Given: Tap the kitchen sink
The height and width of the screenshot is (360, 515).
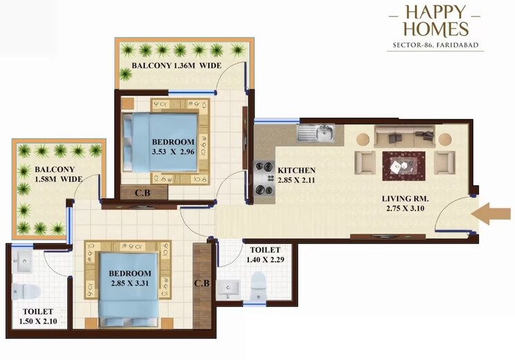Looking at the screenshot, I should (316, 132).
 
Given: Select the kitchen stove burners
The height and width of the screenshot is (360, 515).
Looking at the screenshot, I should (263, 178).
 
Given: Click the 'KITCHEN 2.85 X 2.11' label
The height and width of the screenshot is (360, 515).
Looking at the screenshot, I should (297, 176).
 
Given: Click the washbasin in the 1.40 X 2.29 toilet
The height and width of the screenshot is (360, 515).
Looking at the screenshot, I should (227, 290).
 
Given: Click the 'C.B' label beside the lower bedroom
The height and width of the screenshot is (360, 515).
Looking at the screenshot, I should (202, 283).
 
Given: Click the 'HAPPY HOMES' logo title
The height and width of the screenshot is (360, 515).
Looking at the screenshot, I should (437, 21).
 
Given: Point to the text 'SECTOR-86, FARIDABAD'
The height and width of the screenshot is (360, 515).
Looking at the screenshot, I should (435, 46).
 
